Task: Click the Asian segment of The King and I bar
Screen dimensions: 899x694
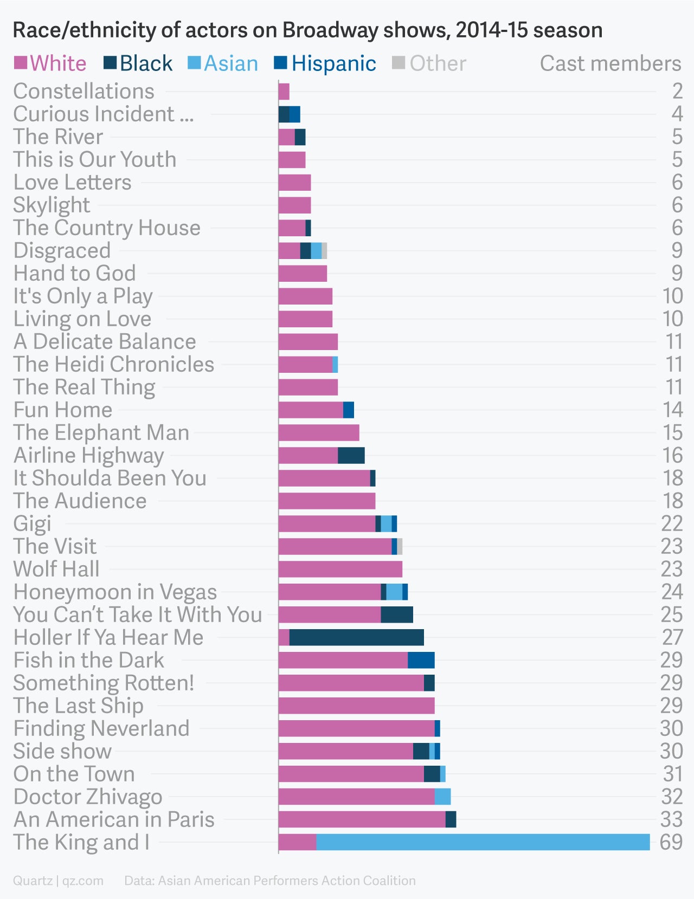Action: click(483, 842)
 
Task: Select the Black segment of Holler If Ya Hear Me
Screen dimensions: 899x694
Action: click(356, 637)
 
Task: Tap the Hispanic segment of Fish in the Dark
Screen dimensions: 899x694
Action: click(421, 660)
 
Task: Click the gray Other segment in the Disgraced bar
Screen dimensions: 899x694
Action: click(324, 251)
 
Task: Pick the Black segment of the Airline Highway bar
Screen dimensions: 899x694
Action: click(351, 456)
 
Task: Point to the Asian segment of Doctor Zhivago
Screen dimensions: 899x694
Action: click(442, 797)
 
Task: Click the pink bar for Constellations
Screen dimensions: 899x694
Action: click(284, 92)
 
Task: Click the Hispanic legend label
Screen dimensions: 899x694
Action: click(333, 63)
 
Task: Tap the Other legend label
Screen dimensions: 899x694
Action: click(438, 63)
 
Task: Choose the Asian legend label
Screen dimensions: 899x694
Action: click(231, 63)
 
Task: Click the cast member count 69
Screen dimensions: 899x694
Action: click(671, 842)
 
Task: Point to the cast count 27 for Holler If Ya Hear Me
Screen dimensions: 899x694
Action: click(672, 637)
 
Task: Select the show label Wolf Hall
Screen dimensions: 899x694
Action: click(56, 569)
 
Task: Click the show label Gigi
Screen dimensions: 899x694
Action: click(32, 523)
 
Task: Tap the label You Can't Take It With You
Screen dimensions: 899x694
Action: click(138, 615)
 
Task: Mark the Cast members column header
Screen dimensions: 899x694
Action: click(610, 63)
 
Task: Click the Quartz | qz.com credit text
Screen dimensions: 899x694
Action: click(58, 881)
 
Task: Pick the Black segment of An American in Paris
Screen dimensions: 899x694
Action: click(451, 819)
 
